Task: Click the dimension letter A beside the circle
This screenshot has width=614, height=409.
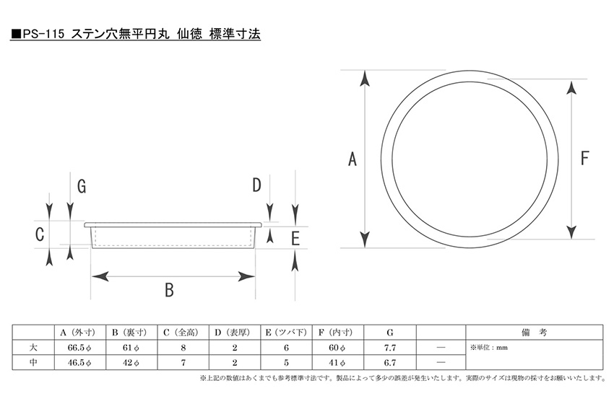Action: (x=353, y=159)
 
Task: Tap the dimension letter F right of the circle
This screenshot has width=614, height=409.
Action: (x=584, y=158)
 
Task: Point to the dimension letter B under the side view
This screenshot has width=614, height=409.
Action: (x=169, y=290)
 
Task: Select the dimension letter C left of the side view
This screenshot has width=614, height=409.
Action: (x=40, y=234)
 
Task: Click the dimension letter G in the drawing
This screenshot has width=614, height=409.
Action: (x=82, y=186)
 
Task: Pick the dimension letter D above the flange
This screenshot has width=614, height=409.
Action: (x=256, y=185)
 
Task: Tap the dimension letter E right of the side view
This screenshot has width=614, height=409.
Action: (x=295, y=238)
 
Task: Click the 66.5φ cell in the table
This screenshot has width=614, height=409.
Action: (x=79, y=348)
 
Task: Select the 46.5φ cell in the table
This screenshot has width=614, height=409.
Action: (x=79, y=362)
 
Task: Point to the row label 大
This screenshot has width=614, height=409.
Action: (x=33, y=347)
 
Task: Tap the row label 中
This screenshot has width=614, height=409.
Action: (x=33, y=362)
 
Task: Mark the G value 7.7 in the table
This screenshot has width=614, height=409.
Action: (x=390, y=348)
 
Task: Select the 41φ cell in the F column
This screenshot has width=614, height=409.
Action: (x=337, y=362)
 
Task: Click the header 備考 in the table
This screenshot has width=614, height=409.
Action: (x=534, y=333)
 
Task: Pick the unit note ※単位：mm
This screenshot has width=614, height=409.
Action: (x=489, y=347)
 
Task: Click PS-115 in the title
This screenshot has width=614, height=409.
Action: (x=43, y=35)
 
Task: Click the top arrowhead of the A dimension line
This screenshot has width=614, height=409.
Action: (x=365, y=78)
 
